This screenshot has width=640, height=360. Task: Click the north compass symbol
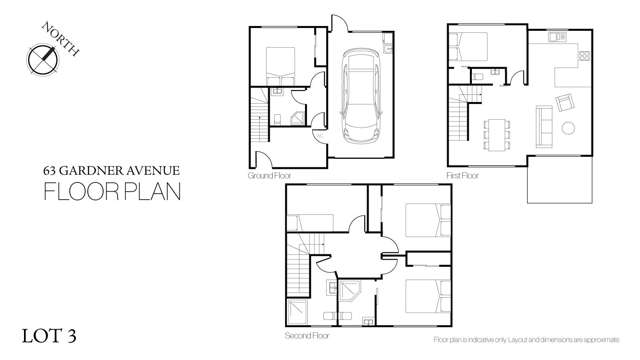[x=44, y=57]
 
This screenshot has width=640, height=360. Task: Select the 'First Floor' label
[x=463, y=176]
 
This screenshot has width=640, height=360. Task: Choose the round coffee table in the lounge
[x=568, y=127]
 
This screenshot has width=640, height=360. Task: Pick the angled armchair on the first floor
[x=565, y=101]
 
